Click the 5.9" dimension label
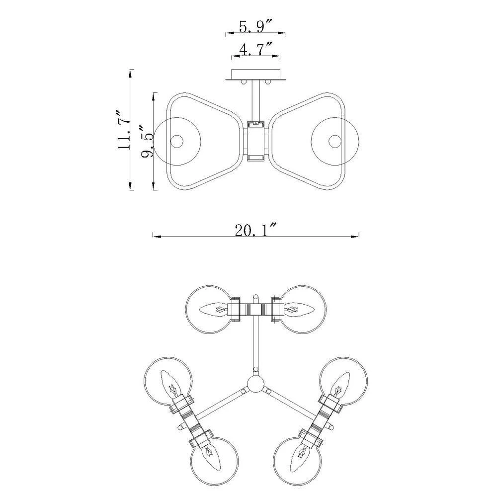coord(255,26)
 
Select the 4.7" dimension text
coord(255,50)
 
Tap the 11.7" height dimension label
coord(124,130)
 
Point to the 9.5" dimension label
coord(147,141)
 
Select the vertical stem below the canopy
coord(256,101)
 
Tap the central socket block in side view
coord(256,141)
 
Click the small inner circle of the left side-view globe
coord(176,141)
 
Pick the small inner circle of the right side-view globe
coord(334,141)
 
